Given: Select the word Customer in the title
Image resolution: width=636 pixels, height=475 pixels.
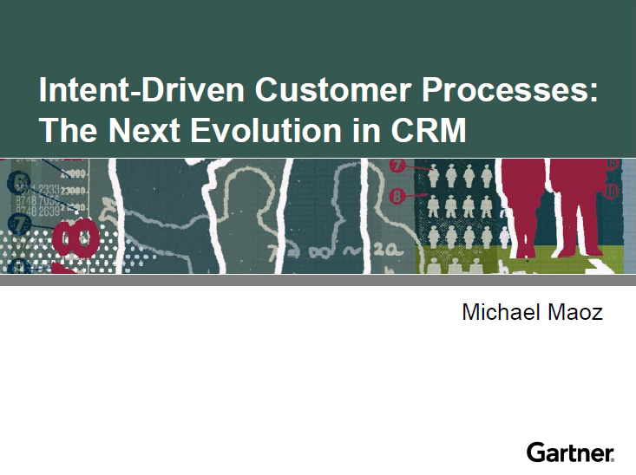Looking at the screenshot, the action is (333, 89).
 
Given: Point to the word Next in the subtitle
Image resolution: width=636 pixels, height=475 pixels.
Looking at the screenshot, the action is (144, 130).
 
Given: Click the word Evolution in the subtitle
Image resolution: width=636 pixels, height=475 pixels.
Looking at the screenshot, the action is (266, 130).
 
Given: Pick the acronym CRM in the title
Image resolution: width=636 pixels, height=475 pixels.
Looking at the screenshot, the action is (429, 130).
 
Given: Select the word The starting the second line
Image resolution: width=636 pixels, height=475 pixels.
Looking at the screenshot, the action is (69, 130).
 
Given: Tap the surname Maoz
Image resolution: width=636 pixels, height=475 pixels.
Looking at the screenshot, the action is (575, 313).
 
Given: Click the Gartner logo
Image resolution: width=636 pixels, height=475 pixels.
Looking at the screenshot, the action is (570, 452).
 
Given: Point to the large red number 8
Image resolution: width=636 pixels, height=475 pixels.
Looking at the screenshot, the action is (75, 238).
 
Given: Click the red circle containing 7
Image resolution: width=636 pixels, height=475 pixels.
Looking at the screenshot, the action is (397, 166).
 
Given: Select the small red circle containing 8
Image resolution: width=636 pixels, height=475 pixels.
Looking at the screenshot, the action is (397, 196).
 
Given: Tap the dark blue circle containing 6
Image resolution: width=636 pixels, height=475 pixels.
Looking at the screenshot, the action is (19, 182).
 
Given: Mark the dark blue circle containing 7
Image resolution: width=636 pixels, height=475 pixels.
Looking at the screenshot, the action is (19, 224).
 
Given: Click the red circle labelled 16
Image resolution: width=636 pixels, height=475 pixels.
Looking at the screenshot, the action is (611, 191).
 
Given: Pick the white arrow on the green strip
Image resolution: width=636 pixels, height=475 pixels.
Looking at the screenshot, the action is (599, 265).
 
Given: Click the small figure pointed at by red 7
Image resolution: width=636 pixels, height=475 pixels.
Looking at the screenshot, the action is (434, 175).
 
